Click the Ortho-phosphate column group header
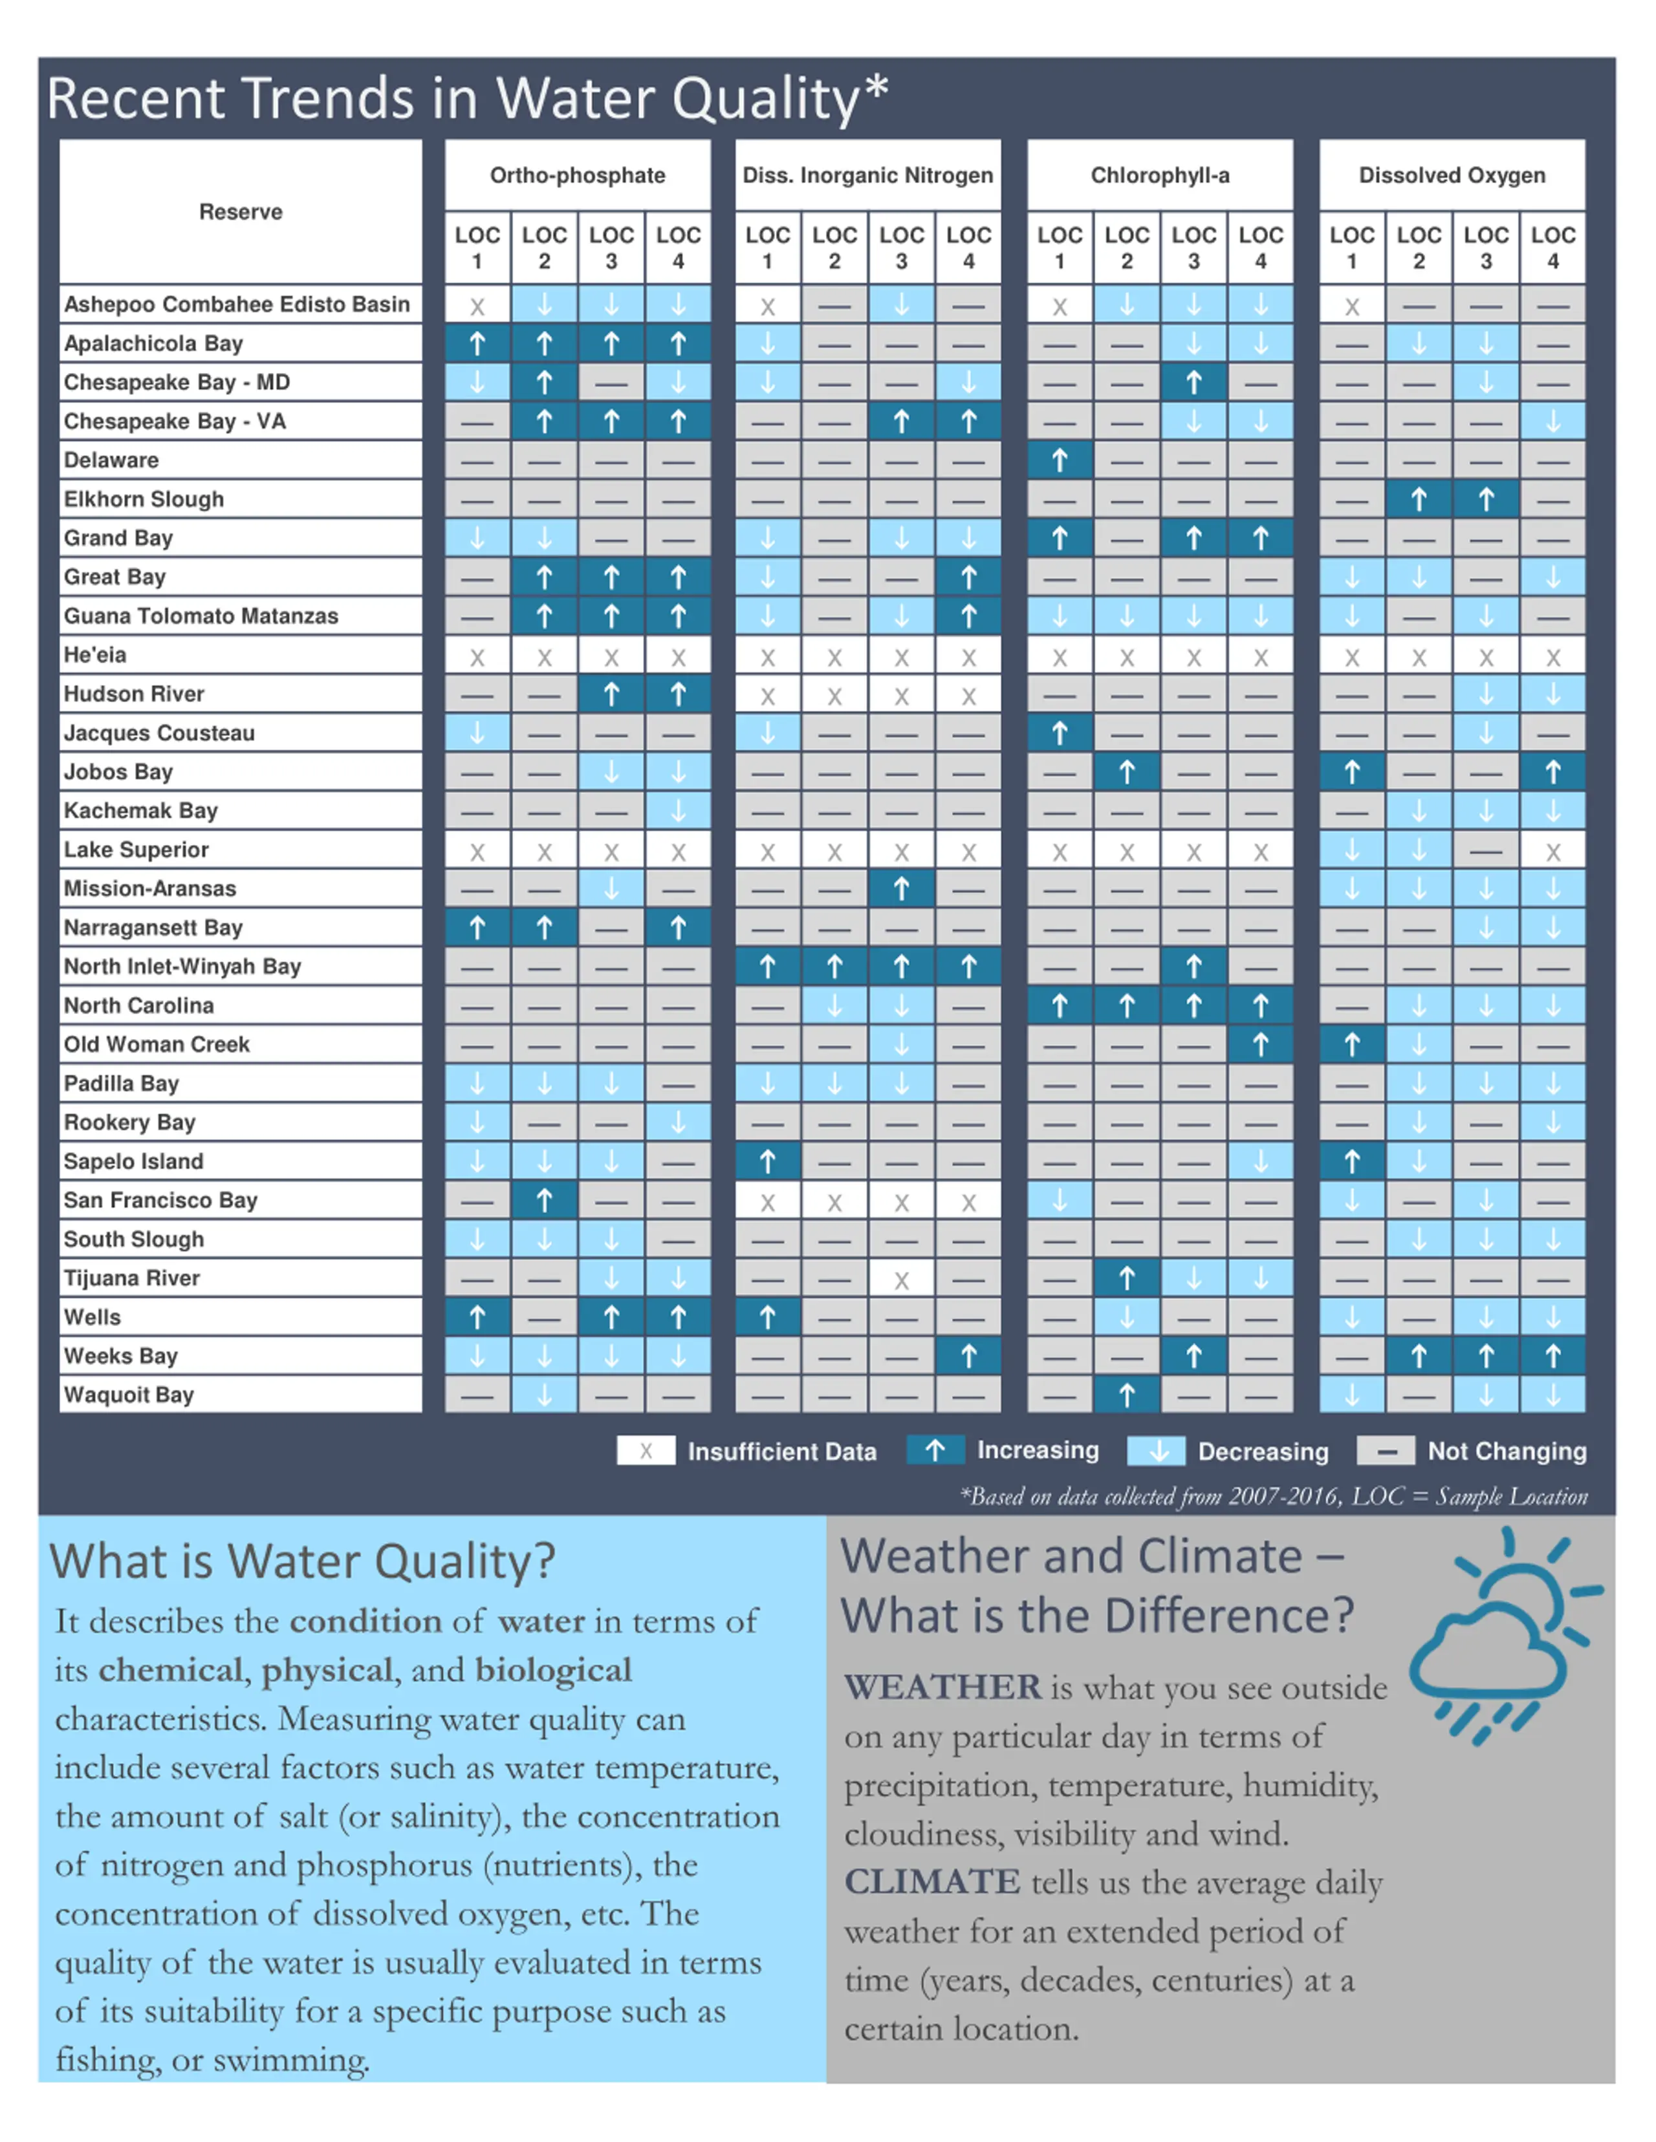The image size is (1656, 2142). (578, 175)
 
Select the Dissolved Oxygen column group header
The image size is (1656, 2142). (1452, 175)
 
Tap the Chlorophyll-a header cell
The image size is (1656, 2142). (1160, 175)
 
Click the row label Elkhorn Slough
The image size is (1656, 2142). (144, 499)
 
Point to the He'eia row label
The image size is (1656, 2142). (95, 654)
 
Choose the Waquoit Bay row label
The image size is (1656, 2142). (129, 1395)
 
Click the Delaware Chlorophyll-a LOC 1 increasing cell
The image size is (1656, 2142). (1060, 460)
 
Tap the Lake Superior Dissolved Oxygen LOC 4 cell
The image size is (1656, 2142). (1553, 850)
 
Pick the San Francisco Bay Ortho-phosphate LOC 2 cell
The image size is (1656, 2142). (545, 1199)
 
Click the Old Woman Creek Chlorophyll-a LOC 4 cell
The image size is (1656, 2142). (1261, 1044)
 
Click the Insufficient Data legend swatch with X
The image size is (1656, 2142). (646, 1451)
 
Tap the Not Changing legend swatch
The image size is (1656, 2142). (1385, 1451)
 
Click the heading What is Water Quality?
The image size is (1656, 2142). (302, 1561)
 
